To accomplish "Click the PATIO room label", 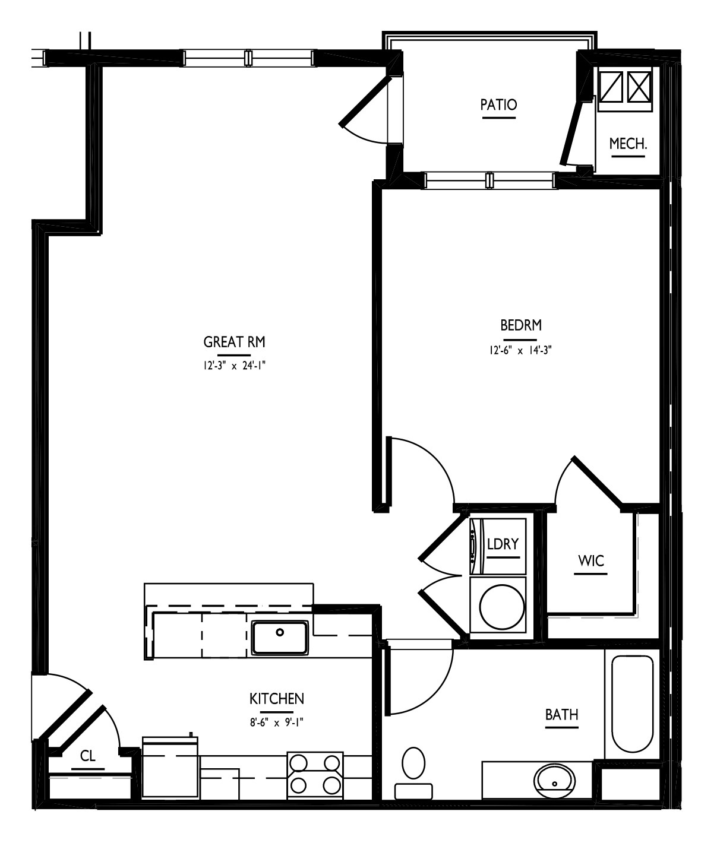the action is tap(498, 105).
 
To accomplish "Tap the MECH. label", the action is tap(628, 144).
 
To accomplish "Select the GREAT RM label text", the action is tap(234, 342).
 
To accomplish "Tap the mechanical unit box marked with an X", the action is tap(639, 87).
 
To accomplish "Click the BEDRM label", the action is tap(521, 325).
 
